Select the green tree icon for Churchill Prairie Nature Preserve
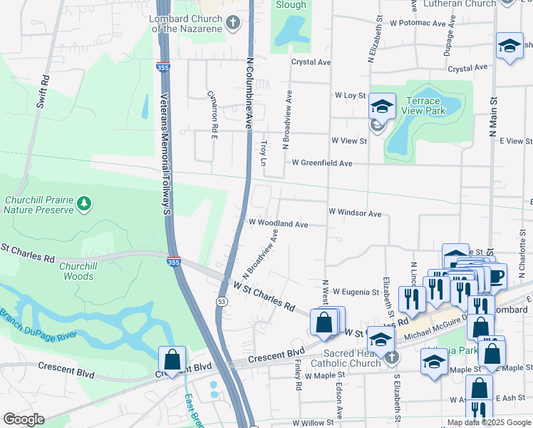click(85, 205)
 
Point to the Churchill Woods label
click(76, 271)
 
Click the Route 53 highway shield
click(222, 303)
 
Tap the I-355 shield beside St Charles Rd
click(173, 262)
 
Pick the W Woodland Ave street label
click(278, 224)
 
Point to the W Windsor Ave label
click(355, 213)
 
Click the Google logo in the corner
click(24, 419)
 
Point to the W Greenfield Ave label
click(320, 163)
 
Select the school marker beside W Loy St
click(382, 107)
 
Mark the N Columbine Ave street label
click(249, 93)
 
